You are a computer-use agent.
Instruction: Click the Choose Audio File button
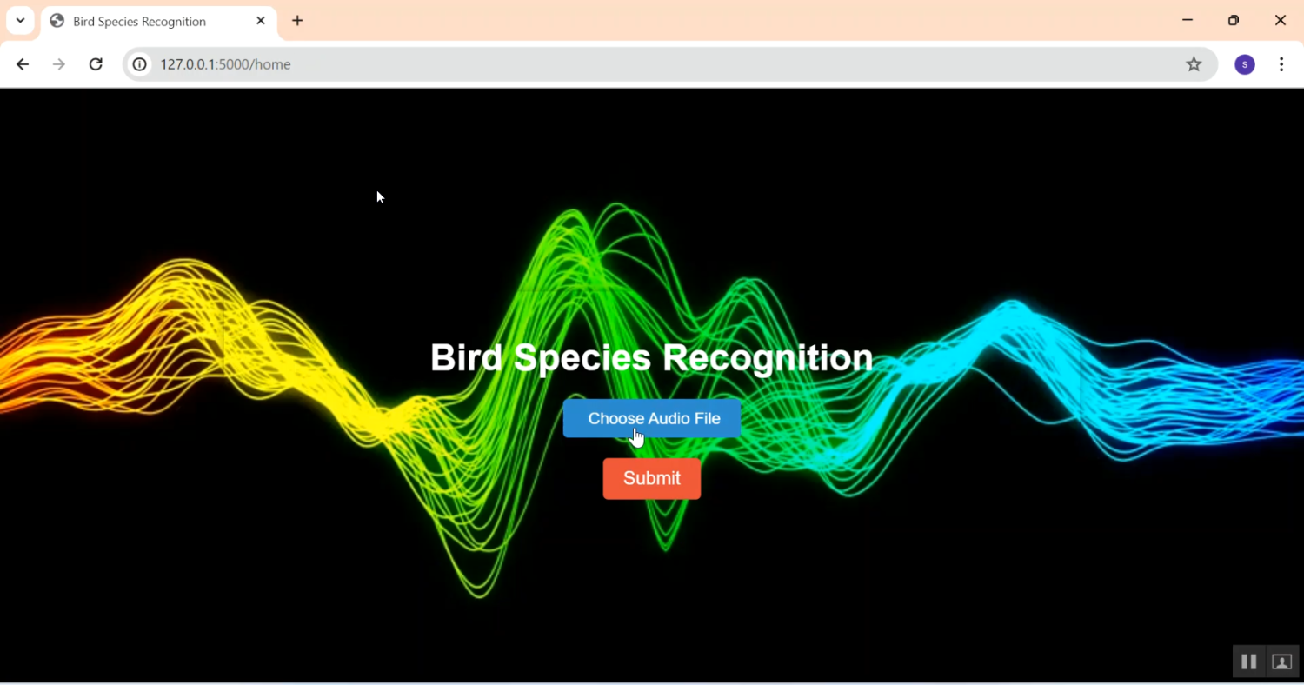pos(651,418)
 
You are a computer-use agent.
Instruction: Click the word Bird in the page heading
pos(466,357)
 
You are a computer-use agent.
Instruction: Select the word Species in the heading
pos(582,359)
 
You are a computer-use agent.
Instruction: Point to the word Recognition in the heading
pos(768,359)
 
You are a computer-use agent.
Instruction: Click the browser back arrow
pos(23,64)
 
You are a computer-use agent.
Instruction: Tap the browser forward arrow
pos(59,64)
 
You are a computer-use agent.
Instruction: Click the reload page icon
pos(96,64)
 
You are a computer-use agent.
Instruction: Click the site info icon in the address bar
pos(140,64)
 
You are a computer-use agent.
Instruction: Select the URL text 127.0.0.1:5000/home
pos(225,64)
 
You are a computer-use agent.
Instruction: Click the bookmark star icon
pos(1194,64)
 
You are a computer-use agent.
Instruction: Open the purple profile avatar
pos(1245,64)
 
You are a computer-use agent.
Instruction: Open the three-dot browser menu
pos(1281,64)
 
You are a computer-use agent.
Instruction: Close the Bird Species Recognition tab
pos(261,21)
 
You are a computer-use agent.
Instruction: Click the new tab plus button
pos(297,21)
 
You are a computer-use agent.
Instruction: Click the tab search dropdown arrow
pos(20,21)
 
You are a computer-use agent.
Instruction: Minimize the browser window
pos(1188,20)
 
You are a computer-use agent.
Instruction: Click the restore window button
pos(1234,20)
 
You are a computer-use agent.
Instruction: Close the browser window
pos(1281,20)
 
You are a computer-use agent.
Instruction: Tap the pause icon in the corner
pos(1248,662)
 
